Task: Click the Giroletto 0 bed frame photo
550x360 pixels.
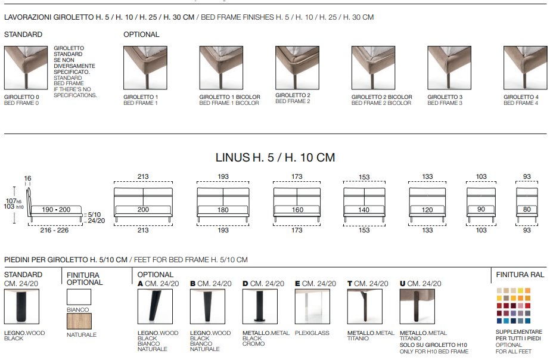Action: pos(26,68)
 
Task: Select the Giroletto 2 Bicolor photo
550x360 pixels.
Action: pos(373,68)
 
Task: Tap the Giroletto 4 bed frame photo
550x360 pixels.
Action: pos(525,68)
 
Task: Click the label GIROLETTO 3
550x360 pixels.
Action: pos(445,97)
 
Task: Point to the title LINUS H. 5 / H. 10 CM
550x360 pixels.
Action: pos(275,157)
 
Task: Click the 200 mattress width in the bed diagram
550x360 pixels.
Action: pos(143,209)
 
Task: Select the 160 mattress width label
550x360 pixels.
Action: pos(297,210)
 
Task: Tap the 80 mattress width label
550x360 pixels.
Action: pos(527,209)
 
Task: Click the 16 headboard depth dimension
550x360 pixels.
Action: pos(28,178)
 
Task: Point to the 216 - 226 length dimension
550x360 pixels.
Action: pos(54,230)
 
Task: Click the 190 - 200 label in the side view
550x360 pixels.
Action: pos(56,209)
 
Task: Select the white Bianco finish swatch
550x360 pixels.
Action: pos(79,297)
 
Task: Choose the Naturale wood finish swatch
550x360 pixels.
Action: pos(79,321)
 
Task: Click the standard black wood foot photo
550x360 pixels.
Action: pos(21,306)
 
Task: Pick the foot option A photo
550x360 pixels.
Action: pos(155,306)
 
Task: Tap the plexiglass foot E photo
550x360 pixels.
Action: pos(312,306)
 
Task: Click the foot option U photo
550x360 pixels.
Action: pos(417,306)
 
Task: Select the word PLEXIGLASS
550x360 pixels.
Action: pos(312,333)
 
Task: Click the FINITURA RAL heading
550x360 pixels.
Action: pos(520,275)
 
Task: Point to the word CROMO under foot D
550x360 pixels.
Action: pos(254,344)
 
